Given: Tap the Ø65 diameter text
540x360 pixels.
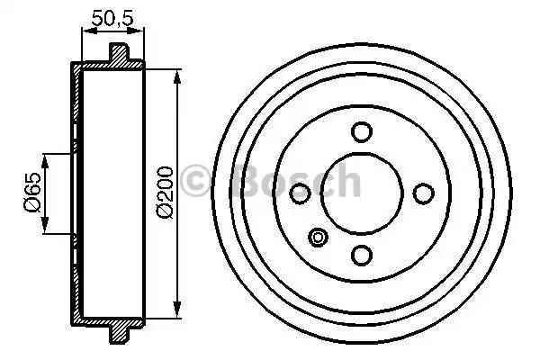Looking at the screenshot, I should pyautogui.click(x=31, y=193).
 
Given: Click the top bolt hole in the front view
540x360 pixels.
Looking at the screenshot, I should pyautogui.click(x=362, y=132).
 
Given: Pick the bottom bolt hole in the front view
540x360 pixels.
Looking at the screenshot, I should pyautogui.click(x=362, y=256).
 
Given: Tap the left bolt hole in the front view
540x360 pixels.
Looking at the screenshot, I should pyautogui.click(x=300, y=193).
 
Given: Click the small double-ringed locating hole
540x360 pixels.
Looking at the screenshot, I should pyautogui.click(x=318, y=238).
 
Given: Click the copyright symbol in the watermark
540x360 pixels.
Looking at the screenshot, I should pyautogui.click(x=197, y=183).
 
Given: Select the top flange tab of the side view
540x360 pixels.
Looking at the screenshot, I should pyautogui.click(x=119, y=54).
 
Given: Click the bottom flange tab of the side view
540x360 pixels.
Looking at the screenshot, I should pyautogui.click(x=119, y=333).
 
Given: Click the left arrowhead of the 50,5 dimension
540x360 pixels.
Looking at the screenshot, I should pyautogui.click(x=85, y=31).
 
